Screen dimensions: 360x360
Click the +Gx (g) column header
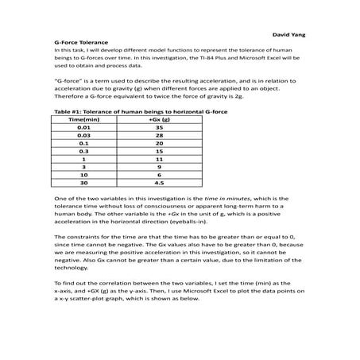pos(160,119)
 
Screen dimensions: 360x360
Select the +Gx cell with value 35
pos(160,127)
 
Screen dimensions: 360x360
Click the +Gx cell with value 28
pos(160,136)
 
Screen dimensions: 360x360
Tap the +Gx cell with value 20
pos(160,144)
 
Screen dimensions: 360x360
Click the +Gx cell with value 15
pos(160,152)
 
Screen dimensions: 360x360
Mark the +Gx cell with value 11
pos(160,160)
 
